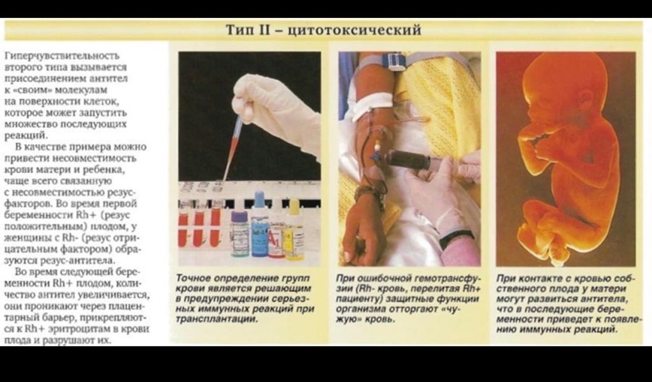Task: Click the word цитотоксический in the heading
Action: (x=355, y=30)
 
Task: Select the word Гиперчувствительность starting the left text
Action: (x=62, y=56)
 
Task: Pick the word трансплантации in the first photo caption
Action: (x=216, y=320)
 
